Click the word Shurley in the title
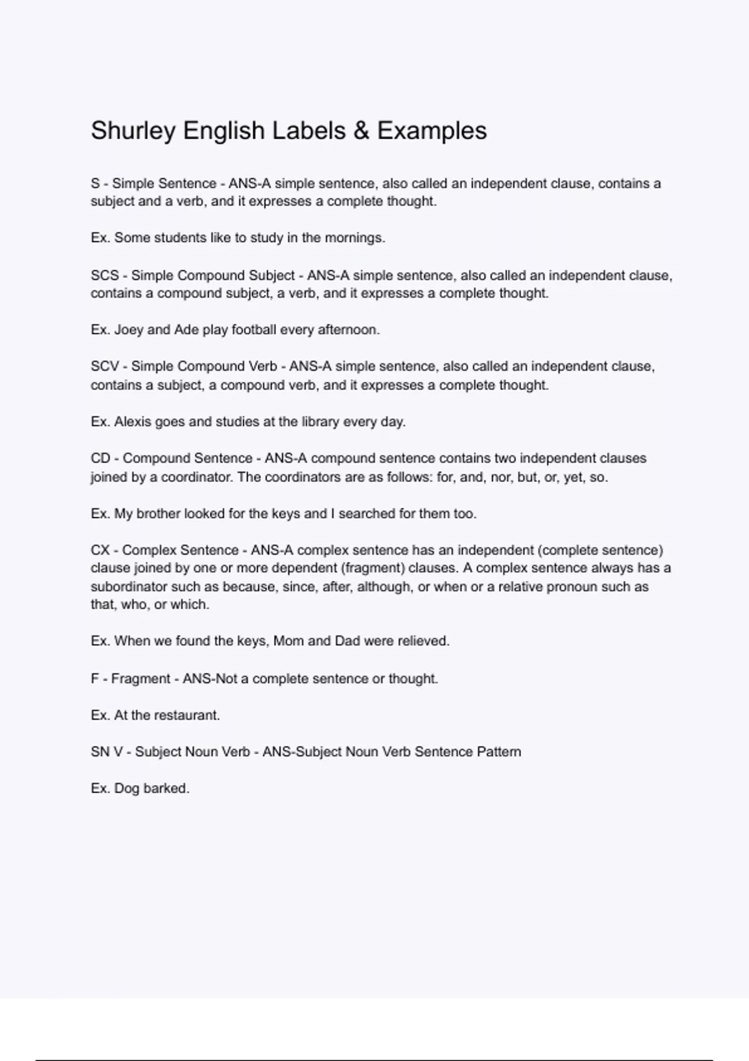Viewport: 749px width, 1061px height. [133, 131]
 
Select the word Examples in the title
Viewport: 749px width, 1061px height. [432, 131]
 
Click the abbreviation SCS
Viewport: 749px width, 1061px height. [105, 275]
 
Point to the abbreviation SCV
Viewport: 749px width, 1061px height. [105, 366]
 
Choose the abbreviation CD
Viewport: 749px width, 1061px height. [100, 458]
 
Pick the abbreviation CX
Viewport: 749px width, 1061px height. [100, 550]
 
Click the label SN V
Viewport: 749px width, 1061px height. [107, 751]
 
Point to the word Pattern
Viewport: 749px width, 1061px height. [499, 751]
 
